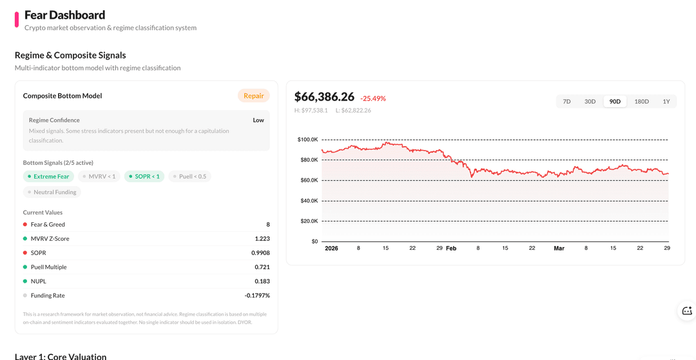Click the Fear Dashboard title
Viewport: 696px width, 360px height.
(64, 15)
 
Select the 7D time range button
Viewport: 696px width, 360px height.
(566, 102)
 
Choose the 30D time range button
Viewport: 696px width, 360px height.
(590, 102)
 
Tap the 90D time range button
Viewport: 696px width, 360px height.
(615, 102)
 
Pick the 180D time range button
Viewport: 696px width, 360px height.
(641, 102)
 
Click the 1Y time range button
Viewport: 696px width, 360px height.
(666, 102)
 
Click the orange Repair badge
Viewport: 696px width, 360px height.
(253, 96)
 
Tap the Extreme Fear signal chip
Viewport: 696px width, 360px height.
(49, 176)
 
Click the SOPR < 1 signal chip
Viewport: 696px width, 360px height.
(144, 176)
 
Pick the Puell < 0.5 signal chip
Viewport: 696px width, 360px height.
(189, 176)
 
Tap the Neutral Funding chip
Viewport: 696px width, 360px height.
(52, 192)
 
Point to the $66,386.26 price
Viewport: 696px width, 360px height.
(324, 97)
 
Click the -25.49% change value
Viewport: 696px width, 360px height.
(373, 99)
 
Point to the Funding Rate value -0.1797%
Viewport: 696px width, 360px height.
(257, 296)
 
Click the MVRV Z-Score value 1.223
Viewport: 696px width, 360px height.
(262, 239)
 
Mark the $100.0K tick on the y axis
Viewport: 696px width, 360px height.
(307, 140)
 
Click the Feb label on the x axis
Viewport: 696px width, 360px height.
(451, 249)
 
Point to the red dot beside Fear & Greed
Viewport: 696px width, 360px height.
(25, 225)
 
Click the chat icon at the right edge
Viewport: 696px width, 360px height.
(687, 311)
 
